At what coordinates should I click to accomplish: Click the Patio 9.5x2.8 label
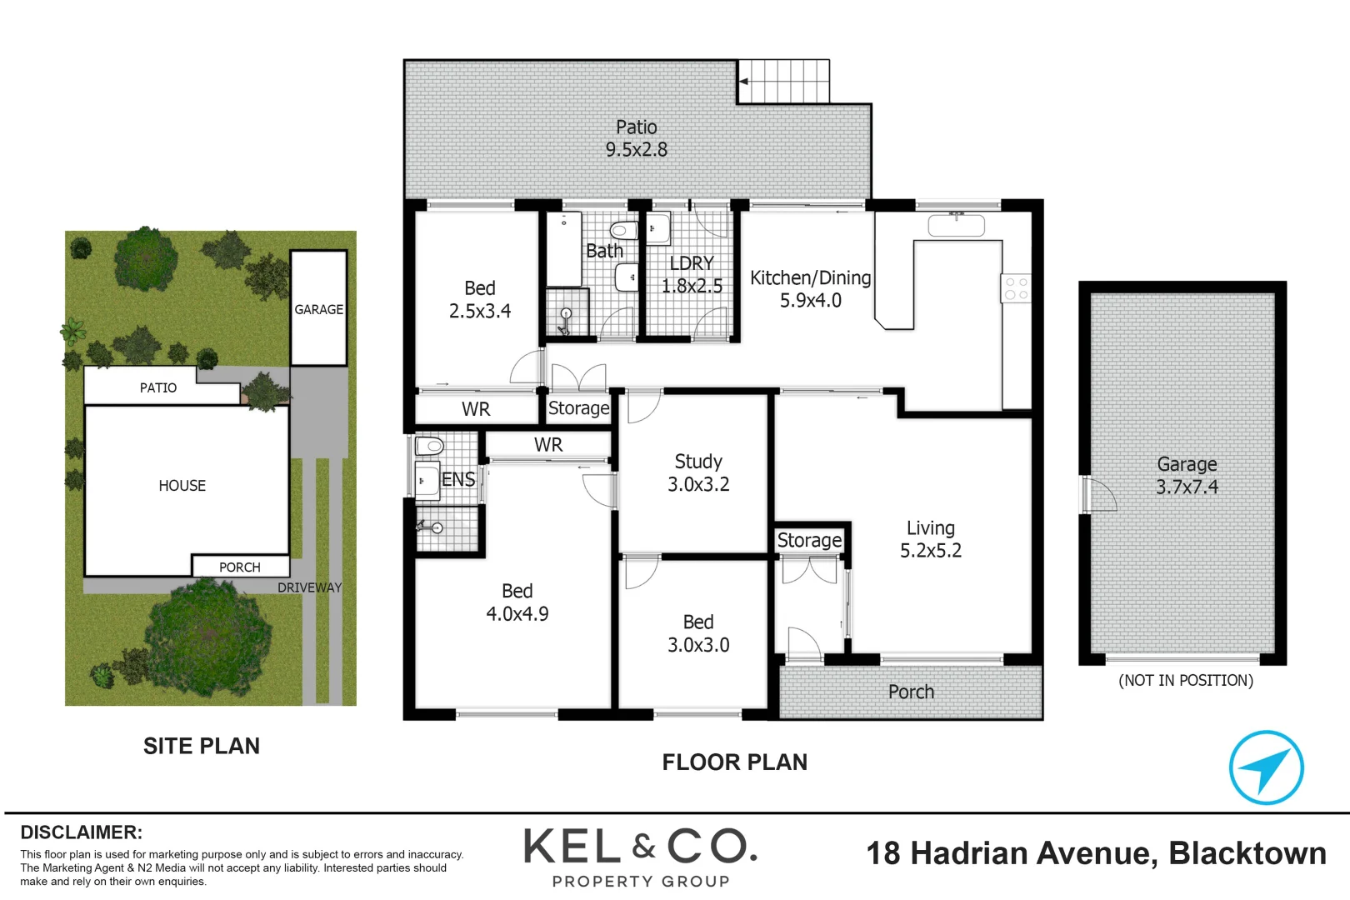[x=637, y=138]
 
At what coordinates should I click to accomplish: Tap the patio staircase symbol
[x=784, y=81]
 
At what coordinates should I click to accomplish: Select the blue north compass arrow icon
[x=1266, y=767]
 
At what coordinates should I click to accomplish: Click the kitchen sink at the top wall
[x=957, y=224]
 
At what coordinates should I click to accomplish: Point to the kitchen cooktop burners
[x=1016, y=288]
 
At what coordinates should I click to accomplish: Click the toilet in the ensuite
[x=429, y=446]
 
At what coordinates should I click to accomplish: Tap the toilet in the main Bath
[x=622, y=230]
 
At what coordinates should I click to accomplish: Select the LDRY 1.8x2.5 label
[x=692, y=275]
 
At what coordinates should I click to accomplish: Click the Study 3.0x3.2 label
[x=698, y=472]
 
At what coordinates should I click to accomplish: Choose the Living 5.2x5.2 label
[x=931, y=539]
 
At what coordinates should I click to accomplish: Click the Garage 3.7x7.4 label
[x=1187, y=475]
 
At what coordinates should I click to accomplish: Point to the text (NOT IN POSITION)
[x=1185, y=680]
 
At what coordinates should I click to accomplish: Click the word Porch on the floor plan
[x=911, y=692]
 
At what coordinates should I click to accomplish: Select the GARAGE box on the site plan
[x=318, y=308]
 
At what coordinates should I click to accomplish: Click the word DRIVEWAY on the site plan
[x=309, y=587]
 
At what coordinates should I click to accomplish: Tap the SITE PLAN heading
[x=202, y=746]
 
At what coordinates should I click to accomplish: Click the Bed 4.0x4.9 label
[x=517, y=602]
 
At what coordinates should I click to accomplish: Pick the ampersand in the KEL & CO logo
[x=643, y=847]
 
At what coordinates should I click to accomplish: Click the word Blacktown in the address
[x=1247, y=853]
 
